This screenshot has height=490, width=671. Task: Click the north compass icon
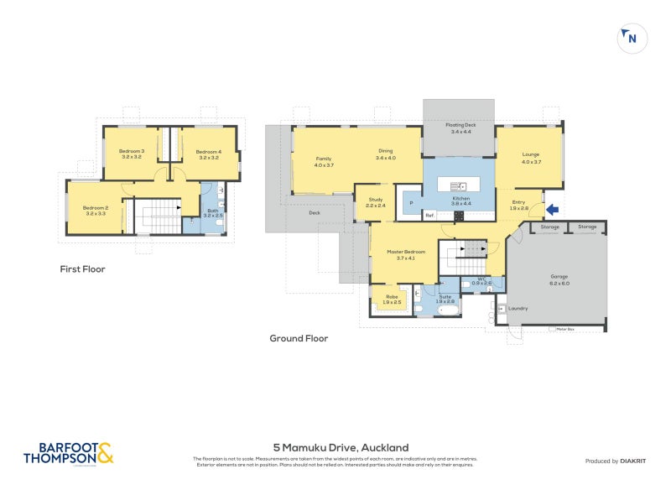pyautogui.click(x=632, y=39)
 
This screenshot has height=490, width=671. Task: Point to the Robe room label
pyautogui.click(x=392, y=298)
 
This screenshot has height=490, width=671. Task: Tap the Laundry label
pyautogui.click(x=518, y=308)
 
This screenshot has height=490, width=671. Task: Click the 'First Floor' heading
pyautogui.click(x=82, y=269)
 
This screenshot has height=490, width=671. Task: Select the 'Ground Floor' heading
pyautogui.click(x=298, y=339)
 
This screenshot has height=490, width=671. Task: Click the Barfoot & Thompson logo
pyautogui.click(x=68, y=453)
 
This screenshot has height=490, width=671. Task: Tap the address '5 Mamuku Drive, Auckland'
pyautogui.click(x=341, y=448)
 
